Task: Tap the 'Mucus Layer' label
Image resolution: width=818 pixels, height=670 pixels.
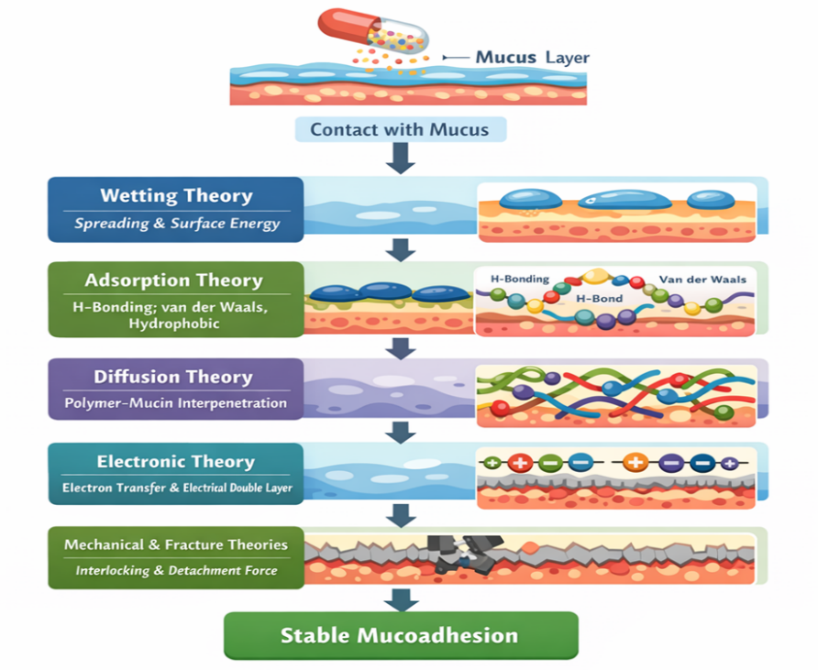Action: [x=532, y=58]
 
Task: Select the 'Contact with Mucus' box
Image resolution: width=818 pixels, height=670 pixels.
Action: [x=399, y=129]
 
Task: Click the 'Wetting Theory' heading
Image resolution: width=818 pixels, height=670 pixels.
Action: [x=176, y=195]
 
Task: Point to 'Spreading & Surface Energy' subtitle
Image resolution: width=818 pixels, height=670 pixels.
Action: [x=176, y=223]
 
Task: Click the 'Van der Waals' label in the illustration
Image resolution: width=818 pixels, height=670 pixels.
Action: [x=702, y=280]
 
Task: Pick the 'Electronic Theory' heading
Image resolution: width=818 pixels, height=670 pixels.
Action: [x=176, y=462]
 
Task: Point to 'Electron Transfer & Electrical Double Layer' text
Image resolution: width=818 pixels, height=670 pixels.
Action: [x=177, y=488]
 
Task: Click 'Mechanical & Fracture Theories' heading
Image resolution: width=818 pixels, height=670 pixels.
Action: [x=176, y=545]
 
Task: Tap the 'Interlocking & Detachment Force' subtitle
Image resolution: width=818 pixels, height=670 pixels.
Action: [x=176, y=571]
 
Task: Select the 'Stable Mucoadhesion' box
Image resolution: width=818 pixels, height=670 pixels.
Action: [x=399, y=635]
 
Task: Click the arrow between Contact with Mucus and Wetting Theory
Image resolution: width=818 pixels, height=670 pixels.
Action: [x=401, y=159]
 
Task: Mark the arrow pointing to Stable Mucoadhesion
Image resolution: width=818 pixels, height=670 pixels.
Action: [x=401, y=600]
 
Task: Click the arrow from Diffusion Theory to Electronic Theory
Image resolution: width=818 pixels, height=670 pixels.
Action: [x=401, y=432]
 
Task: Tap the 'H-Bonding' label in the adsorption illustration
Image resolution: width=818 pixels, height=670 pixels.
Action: [x=519, y=279]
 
